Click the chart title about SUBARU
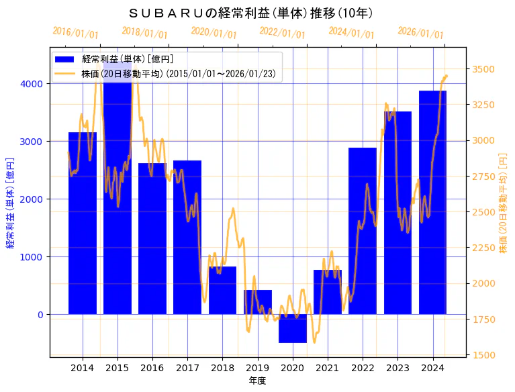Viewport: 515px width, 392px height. [x=251, y=13]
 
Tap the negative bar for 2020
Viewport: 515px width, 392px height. [x=293, y=328]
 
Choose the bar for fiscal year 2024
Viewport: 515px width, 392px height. [x=432, y=202]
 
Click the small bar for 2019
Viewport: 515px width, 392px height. [x=258, y=302]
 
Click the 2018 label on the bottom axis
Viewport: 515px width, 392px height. [x=222, y=368]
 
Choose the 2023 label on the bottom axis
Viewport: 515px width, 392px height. [x=397, y=368]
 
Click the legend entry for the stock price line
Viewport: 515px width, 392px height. [x=178, y=73]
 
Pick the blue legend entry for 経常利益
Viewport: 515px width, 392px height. [x=128, y=60]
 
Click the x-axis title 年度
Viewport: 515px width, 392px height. [x=258, y=381]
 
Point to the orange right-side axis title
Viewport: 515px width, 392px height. [x=503, y=202]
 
